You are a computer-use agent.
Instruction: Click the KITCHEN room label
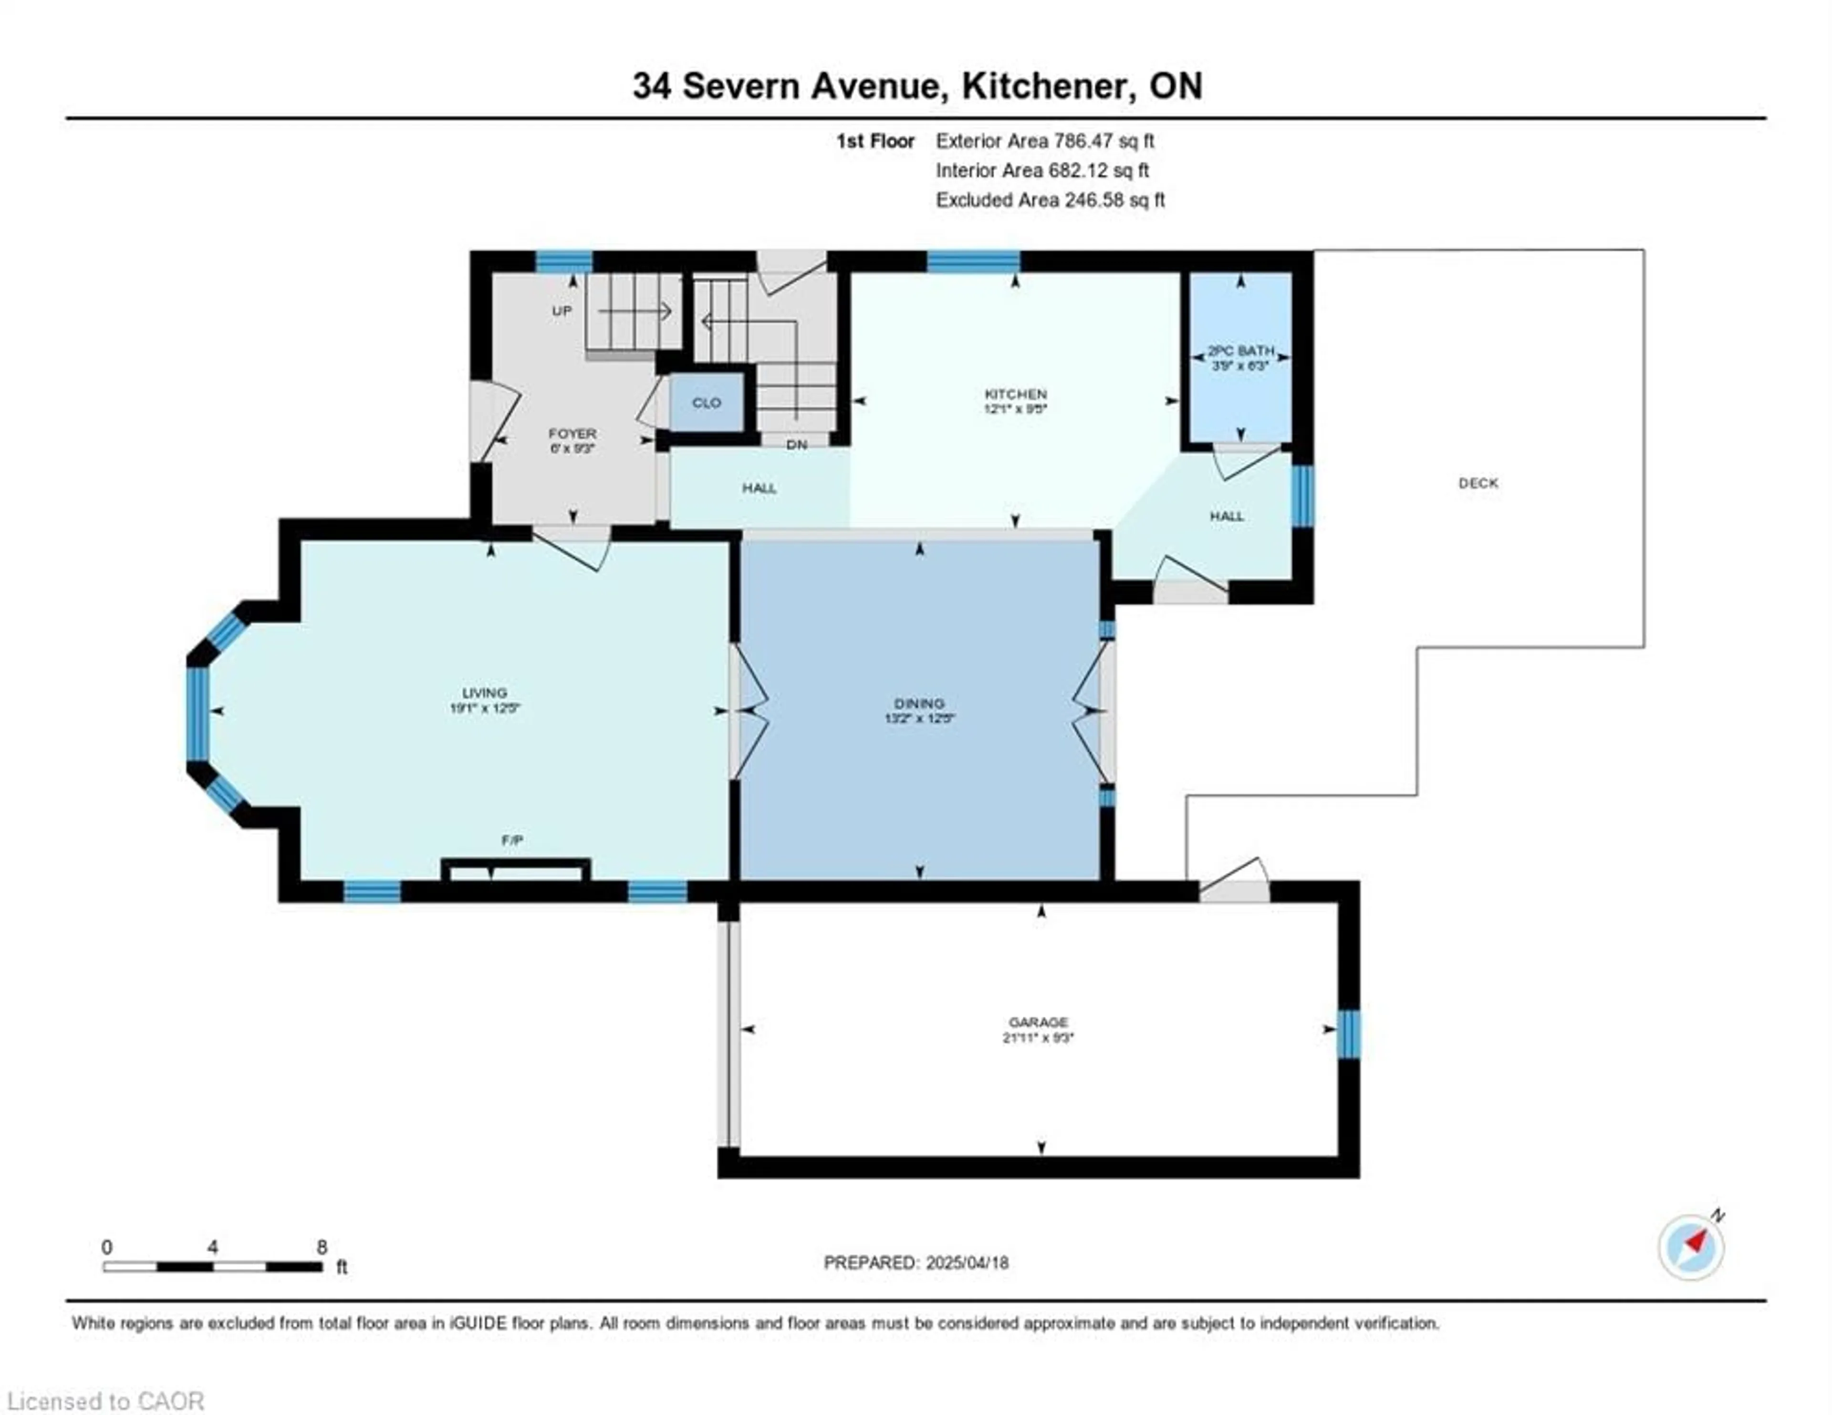tap(1015, 393)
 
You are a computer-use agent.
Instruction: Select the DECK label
tap(1477, 483)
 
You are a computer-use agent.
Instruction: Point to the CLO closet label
tap(706, 403)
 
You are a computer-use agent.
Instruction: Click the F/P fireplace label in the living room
tap(512, 840)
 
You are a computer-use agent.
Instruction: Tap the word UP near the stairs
tap(561, 311)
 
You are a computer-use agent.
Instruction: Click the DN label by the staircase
tap(796, 444)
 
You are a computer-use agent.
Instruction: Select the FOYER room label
tap(572, 434)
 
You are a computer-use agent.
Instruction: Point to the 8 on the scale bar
tap(322, 1247)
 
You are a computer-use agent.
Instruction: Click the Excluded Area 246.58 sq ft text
tap(1050, 200)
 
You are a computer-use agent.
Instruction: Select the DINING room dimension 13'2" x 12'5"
tap(919, 718)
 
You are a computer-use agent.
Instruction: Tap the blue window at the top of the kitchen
tap(973, 262)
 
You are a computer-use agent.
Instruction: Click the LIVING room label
tap(484, 693)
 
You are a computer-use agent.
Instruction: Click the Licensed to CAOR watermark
tap(105, 1401)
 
